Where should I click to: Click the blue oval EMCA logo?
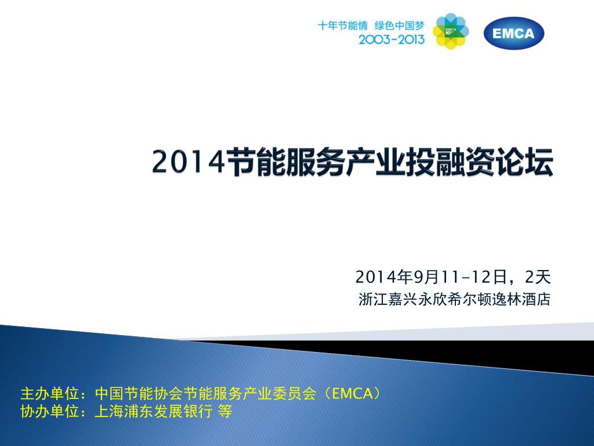(x=514, y=33)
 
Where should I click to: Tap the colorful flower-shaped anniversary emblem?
(x=450, y=31)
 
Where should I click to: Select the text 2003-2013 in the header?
(x=392, y=39)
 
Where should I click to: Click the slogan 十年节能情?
(x=342, y=26)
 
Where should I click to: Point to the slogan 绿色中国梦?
(x=399, y=26)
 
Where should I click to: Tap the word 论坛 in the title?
(x=524, y=162)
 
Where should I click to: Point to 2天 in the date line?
(x=538, y=277)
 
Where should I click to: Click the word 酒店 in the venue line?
(x=536, y=299)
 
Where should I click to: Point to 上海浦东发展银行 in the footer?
(x=153, y=411)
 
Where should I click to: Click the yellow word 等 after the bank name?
(x=224, y=411)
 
